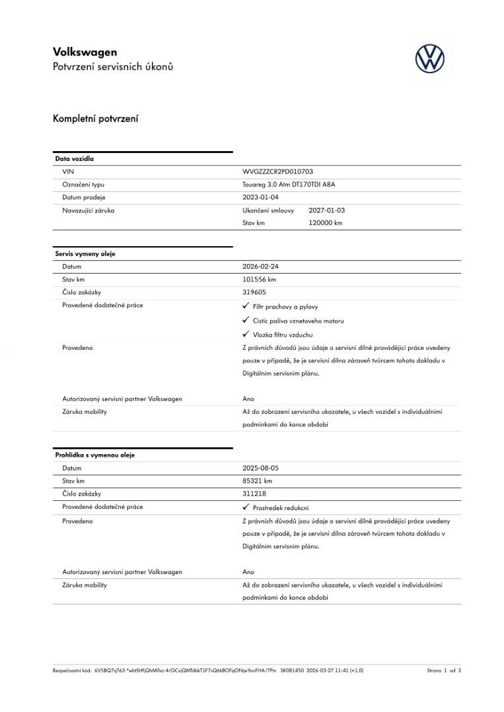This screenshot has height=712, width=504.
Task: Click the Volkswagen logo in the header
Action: [429, 59]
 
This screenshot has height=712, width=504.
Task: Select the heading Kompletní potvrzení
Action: [95, 119]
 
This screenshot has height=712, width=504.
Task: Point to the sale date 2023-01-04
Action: [260, 197]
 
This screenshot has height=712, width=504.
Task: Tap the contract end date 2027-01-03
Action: [326, 210]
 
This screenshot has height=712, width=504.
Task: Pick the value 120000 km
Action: [325, 223]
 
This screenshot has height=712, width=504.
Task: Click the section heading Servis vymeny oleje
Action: [85, 254]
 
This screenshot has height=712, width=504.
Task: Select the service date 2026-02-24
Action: [260, 267]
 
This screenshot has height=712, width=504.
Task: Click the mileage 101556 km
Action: [259, 279]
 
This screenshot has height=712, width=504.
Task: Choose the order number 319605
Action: [254, 292]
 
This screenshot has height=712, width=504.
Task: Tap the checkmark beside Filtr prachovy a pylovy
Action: [246, 306]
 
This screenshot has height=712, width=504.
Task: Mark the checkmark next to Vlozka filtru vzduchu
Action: [246, 334]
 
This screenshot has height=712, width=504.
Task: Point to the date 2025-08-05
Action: [260, 468]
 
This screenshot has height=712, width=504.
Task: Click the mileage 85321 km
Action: [257, 480]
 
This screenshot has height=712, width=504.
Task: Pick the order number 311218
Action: [254, 494]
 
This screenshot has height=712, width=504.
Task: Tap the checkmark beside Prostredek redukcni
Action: [246, 507]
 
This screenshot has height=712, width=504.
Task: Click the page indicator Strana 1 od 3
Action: [444, 670]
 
